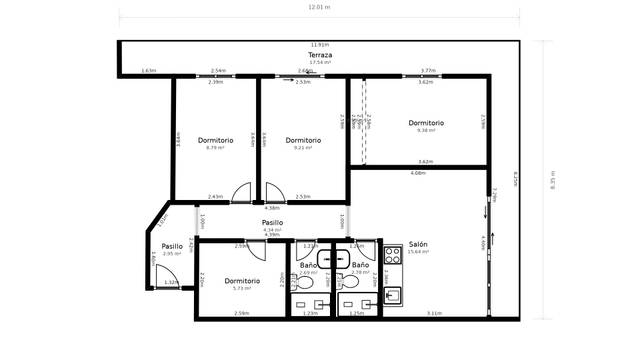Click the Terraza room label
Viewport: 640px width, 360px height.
point(320,54)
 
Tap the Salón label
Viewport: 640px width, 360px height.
point(418,245)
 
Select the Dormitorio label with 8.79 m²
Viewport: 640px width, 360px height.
point(215,140)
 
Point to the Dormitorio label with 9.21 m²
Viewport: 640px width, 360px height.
point(302,140)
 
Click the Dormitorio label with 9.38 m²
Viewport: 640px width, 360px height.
point(426,123)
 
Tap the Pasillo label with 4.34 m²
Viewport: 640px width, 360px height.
point(272,223)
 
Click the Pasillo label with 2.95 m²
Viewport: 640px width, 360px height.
point(172,246)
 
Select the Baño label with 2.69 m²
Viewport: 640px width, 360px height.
point(308,265)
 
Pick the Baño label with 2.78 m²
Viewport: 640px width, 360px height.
point(361,265)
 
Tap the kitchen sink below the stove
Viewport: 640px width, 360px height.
point(393,294)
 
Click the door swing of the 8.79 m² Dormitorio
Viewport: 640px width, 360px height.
point(241,192)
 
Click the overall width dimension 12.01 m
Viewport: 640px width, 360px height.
point(320,6)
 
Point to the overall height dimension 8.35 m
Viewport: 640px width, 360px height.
point(553,180)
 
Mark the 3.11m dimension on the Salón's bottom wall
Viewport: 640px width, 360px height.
point(434,313)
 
